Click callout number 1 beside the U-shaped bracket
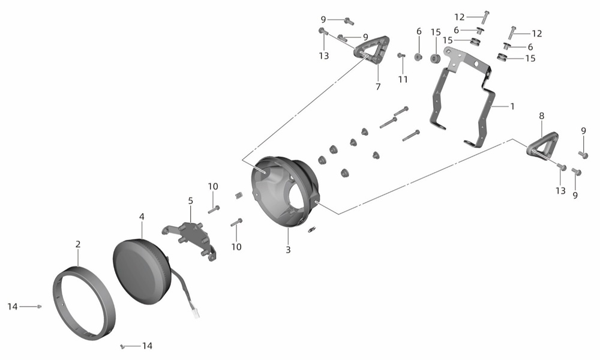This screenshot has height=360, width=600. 512,106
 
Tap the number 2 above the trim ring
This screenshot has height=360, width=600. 78,244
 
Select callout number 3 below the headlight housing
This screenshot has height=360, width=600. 288,250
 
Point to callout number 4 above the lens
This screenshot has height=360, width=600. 142,217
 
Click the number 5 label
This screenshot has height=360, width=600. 191,201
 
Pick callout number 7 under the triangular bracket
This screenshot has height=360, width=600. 378,87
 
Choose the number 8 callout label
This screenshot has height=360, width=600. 541,116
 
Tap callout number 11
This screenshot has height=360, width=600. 403,79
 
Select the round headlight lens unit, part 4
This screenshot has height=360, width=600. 140,271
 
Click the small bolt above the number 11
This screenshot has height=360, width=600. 401,55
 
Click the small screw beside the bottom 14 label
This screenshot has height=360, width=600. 122,346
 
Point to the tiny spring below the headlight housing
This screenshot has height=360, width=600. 312,229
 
